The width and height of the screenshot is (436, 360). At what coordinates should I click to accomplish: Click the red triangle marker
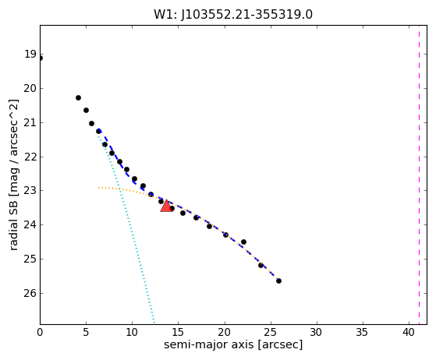[166, 206]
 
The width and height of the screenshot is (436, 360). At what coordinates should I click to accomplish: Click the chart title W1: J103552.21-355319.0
[233, 15]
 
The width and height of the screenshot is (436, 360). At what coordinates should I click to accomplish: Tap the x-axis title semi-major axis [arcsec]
[233, 344]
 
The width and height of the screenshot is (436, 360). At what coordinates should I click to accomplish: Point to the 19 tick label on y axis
[30, 55]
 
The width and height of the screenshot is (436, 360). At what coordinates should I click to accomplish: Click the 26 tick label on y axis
[30, 293]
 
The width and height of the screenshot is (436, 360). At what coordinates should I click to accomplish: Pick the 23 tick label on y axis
[30, 191]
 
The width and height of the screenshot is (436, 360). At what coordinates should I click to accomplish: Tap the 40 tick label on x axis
[409, 332]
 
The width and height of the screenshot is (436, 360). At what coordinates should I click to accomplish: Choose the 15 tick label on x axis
[179, 332]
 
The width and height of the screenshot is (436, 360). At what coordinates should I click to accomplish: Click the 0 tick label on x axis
[40, 332]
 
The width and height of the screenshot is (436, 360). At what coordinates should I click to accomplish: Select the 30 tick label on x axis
[317, 332]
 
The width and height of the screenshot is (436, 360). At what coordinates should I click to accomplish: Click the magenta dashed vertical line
[419, 175]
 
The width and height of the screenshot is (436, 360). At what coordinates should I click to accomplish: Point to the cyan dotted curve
[124, 222]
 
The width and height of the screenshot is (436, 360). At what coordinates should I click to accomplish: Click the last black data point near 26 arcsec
[278, 281]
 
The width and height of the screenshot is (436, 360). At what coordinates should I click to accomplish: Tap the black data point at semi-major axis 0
[41, 58]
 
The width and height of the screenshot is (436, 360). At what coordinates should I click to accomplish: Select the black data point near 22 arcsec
[243, 242]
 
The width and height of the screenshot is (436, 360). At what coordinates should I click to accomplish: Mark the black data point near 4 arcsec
[79, 97]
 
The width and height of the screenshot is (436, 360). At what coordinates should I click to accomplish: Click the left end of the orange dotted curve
[98, 188]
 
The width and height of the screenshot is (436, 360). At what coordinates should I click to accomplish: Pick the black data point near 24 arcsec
[261, 265]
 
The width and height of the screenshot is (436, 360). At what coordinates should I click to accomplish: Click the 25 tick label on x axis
[271, 332]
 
